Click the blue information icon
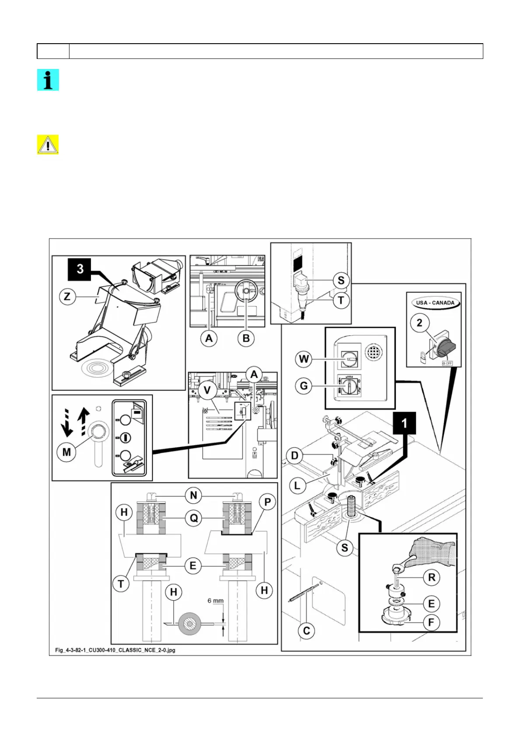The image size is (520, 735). (48, 80)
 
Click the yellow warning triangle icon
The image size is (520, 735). (48, 145)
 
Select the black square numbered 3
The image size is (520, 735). (80, 269)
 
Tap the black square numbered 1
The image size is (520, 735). (404, 422)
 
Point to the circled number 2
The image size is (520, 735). (419, 323)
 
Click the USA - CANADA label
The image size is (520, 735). (435, 302)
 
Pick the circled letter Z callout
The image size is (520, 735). (67, 297)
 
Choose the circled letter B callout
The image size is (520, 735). (246, 338)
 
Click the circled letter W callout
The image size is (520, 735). (303, 360)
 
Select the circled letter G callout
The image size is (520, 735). (303, 386)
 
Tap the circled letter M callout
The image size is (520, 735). (66, 452)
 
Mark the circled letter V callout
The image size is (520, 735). (207, 390)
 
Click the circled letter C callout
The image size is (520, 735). (306, 631)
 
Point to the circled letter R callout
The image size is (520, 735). (431, 577)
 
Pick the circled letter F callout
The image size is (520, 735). (431, 622)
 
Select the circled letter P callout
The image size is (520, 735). (267, 502)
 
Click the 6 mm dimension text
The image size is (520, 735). (215, 601)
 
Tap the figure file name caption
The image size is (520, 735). (115, 650)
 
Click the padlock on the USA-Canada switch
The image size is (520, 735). (423, 357)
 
